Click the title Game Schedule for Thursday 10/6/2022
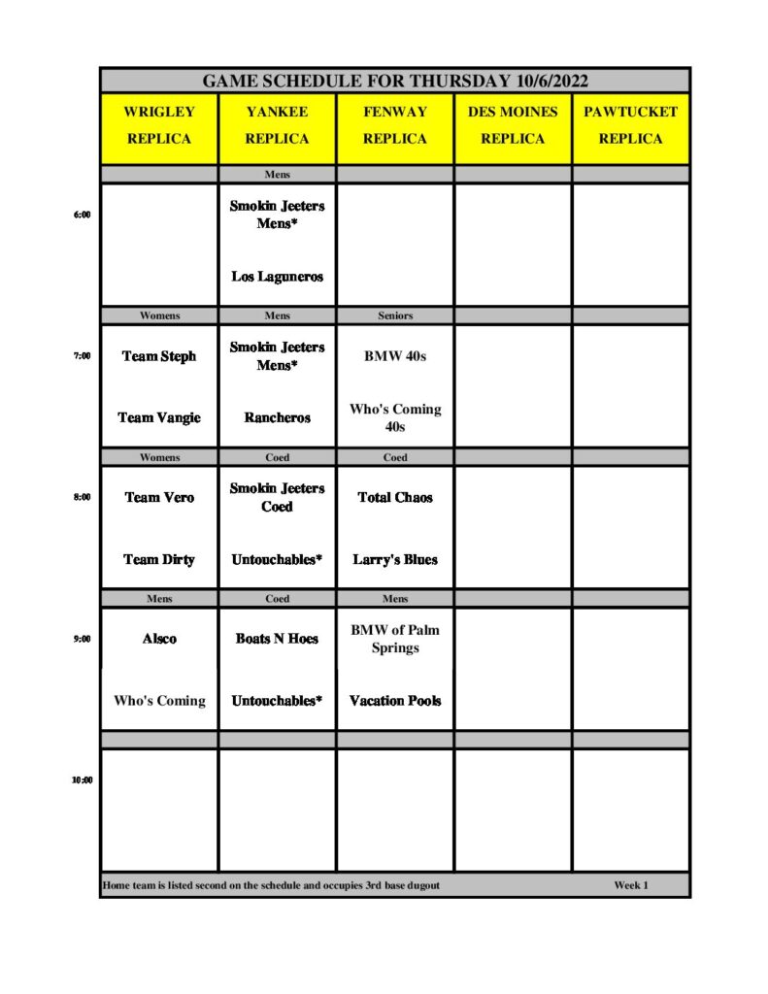click(395, 81)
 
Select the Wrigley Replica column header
click(159, 125)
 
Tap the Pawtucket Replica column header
click(630, 125)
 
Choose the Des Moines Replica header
click(513, 125)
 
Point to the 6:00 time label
click(82, 215)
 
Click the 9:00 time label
click(82, 639)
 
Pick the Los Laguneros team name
click(277, 277)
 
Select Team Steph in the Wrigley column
click(159, 356)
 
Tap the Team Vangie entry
click(159, 417)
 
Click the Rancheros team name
click(277, 417)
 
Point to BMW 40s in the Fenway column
click(395, 356)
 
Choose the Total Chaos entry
click(395, 497)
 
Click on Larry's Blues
click(395, 559)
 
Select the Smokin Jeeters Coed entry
click(277, 497)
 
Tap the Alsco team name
click(159, 639)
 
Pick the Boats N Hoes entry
click(277, 639)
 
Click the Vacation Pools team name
click(395, 701)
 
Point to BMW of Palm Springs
click(395, 639)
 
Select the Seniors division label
click(395, 315)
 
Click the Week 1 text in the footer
click(630, 885)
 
